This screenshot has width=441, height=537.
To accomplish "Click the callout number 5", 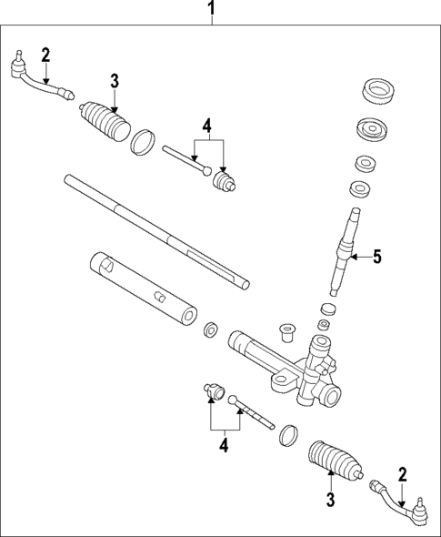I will point(376,258).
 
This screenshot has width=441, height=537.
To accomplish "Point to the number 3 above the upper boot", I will point(115,80).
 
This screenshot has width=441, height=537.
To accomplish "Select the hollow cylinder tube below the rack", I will point(144,287).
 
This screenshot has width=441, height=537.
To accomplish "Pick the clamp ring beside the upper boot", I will point(143,142).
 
